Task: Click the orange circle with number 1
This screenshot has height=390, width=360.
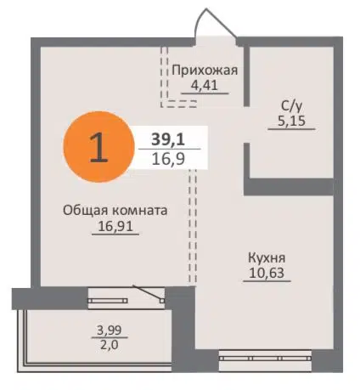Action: (x=97, y=148)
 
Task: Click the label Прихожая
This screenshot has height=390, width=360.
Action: (x=204, y=71)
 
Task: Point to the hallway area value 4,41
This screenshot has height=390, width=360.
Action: (x=204, y=86)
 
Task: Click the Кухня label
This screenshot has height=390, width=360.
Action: (x=267, y=257)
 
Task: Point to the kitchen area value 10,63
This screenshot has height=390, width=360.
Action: (x=267, y=274)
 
